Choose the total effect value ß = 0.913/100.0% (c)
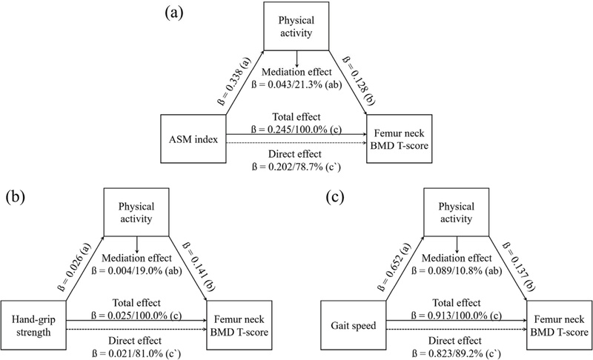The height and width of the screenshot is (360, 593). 453,313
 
